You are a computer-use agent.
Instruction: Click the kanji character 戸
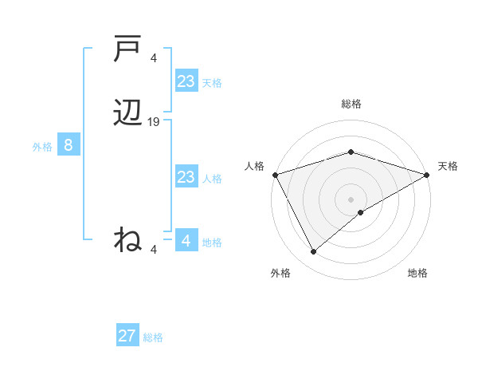[127, 49]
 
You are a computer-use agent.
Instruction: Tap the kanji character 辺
[127, 116]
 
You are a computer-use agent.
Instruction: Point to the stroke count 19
[154, 122]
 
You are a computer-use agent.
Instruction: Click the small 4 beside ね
[154, 250]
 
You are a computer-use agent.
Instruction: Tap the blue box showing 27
[127, 336]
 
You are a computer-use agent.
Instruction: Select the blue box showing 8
[69, 146]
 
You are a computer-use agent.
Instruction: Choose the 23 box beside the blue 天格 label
[186, 81]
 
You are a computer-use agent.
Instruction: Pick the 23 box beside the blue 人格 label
[186, 177]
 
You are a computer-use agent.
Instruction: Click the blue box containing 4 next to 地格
[186, 240]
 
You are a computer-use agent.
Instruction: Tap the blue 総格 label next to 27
[153, 337]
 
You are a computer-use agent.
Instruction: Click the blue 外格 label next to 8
[42, 147]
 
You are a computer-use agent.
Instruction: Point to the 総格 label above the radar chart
[351, 104]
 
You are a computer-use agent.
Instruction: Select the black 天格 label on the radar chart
[448, 166]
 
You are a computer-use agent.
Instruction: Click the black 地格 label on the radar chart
[417, 273]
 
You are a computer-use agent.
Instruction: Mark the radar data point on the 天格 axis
[428, 174]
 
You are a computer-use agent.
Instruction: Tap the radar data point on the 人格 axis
[274, 174]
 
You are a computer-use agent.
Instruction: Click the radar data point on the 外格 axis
[313, 252]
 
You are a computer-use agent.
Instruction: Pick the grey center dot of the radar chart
[351, 199]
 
